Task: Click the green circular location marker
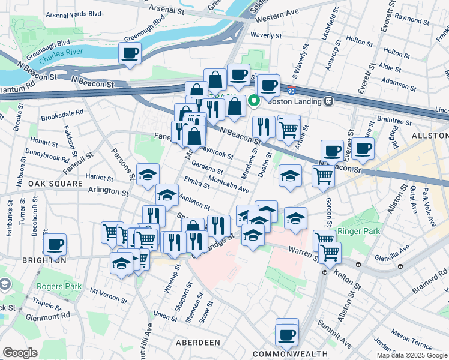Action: pos(253,101)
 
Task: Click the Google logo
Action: pos(20,353)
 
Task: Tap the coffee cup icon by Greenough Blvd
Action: pos(130,53)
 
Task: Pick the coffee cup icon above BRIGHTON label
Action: pos(55,244)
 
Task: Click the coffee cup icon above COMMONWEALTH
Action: pos(287,334)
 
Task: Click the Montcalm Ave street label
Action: pos(228,184)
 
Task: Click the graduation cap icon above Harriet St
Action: pos(148,174)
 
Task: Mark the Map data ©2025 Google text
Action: pos(411,355)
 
